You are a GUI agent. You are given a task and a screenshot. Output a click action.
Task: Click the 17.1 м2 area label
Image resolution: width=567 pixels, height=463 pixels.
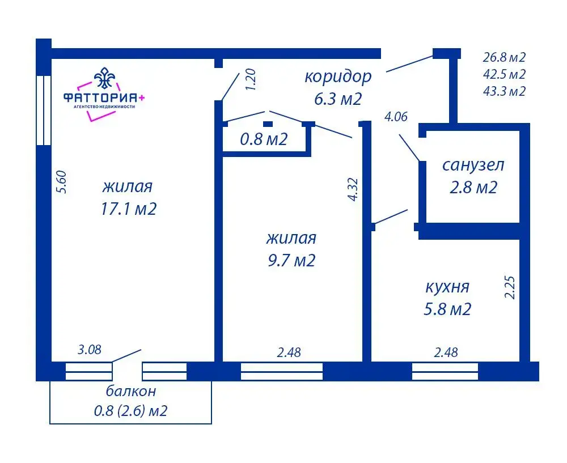click(128, 209)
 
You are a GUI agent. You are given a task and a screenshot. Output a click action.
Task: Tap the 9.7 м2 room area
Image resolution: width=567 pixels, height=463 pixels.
click(291, 260)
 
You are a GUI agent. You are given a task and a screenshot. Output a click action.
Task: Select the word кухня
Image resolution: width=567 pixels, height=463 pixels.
click(447, 287)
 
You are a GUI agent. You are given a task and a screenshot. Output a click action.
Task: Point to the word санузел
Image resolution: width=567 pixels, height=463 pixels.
click(473, 165)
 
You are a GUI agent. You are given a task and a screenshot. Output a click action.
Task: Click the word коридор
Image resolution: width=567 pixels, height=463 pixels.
click(338, 77)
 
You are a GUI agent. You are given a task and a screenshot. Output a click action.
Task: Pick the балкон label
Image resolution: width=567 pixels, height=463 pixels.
click(131, 390)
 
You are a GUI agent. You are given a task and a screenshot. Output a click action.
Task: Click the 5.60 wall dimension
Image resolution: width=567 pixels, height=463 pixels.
click(62, 182)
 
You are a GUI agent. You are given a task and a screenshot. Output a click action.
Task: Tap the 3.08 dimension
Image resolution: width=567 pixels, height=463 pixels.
click(90, 350)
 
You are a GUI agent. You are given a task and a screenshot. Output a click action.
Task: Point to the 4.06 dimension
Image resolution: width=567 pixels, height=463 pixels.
click(396, 117)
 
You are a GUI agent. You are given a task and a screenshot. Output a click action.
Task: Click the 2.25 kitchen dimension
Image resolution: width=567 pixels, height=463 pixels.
click(510, 287)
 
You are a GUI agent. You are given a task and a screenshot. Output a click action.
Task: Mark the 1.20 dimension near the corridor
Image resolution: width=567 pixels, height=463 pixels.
click(250, 79)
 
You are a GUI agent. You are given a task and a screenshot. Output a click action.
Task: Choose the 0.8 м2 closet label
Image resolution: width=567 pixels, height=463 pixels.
click(264, 139)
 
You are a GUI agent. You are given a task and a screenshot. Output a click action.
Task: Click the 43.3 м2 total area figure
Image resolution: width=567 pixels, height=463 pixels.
click(504, 91)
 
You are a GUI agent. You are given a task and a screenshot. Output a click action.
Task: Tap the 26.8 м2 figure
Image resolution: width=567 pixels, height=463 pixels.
click(504, 57)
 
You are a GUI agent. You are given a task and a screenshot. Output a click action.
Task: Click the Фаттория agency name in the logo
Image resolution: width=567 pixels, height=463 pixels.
click(104, 97)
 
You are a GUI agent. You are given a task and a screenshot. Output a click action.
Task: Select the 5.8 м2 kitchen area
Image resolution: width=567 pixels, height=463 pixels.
click(447, 309)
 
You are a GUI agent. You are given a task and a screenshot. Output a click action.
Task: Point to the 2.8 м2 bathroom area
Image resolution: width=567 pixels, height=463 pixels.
click(473, 188)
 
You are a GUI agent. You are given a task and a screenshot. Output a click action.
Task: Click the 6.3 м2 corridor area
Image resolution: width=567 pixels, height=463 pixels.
click(338, 99)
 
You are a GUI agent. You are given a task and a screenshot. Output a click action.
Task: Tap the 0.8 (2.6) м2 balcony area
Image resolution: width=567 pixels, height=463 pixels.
click(131, 411)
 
